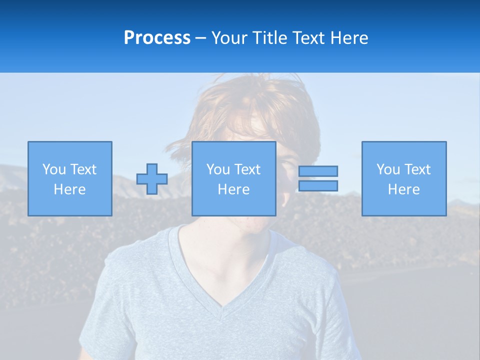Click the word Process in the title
coord(157,38)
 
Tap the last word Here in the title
coord(348,38)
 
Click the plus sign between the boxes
coord(152,179)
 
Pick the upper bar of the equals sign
coord(318,171)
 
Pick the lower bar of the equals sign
coord(318,185)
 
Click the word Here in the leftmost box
coord(69,189)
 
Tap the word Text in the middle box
coord(247,169)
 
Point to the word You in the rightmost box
coord(388,169)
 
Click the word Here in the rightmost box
coord(404,189)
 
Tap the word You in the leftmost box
coord(54,169)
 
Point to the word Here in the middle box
coord(233,189)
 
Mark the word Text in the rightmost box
coord(417,169)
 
